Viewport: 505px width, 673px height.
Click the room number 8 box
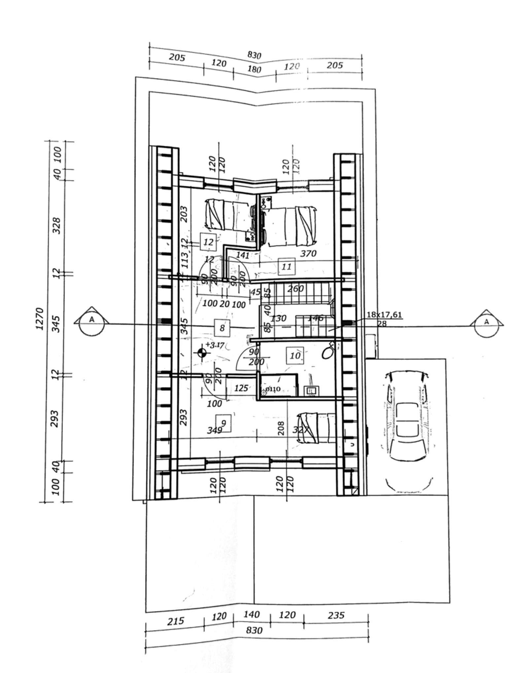pos(222,328)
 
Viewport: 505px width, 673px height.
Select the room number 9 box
pos(223,423)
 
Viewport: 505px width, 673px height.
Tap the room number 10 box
pos(295,355)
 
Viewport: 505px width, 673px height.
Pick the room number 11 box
pos(286,267)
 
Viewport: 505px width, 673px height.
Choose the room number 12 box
pos(208,242)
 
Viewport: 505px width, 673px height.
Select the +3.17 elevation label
pos(215,345)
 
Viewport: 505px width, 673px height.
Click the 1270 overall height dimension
pos(40,319)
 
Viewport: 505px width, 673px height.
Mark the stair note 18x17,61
pos(384,314)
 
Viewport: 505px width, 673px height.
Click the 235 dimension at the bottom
pos(336,615)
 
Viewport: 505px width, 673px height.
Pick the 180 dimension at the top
pos(254,69)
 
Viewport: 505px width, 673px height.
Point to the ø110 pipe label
pos(273,389)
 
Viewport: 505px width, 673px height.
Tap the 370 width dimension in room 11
pos(308,253)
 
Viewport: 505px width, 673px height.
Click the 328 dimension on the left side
pos(57,226)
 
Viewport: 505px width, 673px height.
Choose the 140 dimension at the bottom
pos(252,614)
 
